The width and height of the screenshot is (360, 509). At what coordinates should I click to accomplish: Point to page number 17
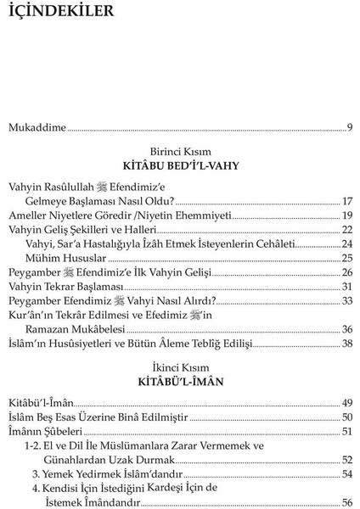tap(346, 202)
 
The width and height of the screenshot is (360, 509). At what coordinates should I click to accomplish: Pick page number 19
tap(346, 215)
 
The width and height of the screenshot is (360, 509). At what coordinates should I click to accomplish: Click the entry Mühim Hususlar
tap(65, 257)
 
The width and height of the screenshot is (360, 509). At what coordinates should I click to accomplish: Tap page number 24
tap(346, 243)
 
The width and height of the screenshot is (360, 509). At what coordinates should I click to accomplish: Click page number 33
tap(346, 300)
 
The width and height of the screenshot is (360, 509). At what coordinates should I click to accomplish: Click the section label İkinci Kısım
tap(179, 367)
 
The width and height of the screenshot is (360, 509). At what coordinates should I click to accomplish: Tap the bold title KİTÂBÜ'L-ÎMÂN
tap(179, 381)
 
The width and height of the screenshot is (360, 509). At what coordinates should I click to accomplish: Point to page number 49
tap(346, 402)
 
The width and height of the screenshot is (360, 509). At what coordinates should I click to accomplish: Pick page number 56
tap(346, 502)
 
